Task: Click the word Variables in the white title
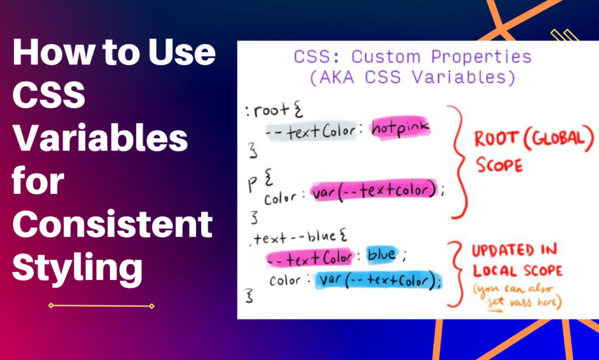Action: point(100,138)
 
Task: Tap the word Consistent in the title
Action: point(112,224)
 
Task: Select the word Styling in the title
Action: point(78,268)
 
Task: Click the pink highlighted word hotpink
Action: point(400,128)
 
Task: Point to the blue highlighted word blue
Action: point(381,255)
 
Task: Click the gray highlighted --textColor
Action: point(311,132)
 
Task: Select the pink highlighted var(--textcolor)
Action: point(374,190)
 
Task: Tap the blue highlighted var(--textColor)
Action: point(378,281)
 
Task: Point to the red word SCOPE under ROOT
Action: point(499,166)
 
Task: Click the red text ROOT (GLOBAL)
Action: point(533,139)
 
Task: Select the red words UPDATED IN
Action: point(514,251)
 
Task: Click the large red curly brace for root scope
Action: point(459,162)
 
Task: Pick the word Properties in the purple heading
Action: point(481,57)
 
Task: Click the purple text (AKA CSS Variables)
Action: point(412,77)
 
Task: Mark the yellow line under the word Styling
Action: point(101,306)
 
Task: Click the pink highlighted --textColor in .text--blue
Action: point(309,258)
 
